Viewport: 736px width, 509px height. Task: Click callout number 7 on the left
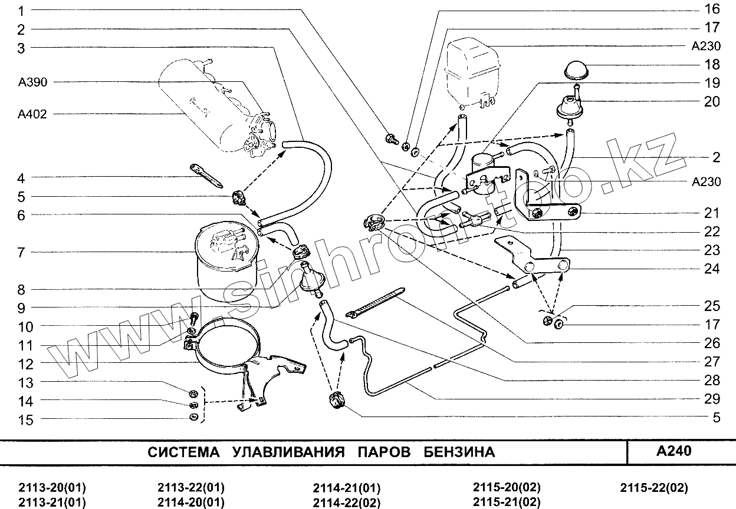(x=21, y=252)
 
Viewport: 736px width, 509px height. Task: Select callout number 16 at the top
(x=712, y=9)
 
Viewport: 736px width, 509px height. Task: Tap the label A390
(x=32, y=82)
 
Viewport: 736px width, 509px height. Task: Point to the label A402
(x=32, y=114)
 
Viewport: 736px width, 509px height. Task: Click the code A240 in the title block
(x=673, y=451)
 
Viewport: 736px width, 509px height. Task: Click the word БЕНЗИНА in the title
(x=459, y=452)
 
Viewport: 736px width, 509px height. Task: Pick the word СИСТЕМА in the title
(x=183, y=452)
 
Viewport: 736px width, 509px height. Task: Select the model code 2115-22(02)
(x=654, y=488)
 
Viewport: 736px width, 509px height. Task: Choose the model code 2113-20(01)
(x=52, y=488)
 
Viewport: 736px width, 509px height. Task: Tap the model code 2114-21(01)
(x=347, y=488)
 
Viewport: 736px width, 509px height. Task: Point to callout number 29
(x=712, y=399)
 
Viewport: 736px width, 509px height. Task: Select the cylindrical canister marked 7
(x=226, y=262)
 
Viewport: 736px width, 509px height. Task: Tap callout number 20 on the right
(x=712, y=101)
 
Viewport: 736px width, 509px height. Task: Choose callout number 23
(x=712, y=249)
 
